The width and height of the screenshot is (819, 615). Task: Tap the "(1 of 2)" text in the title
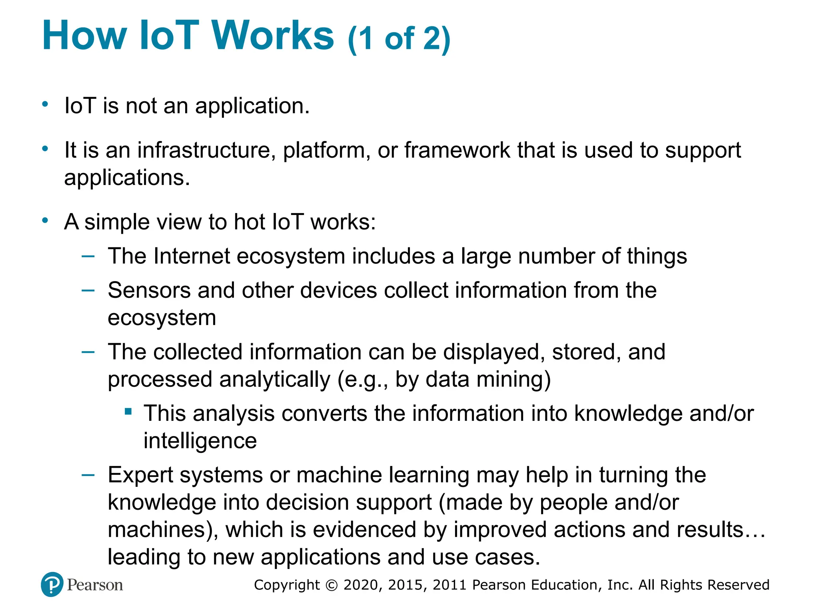(x=399, y=39)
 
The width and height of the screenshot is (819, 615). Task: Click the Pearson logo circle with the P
(x=52, y=584)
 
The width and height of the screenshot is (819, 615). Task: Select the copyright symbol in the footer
(x=332, y=585)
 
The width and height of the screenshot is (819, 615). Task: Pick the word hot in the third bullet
(x=249, y=222)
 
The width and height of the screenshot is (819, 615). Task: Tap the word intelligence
(x=200, y=441)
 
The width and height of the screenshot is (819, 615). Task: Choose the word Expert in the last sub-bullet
(x=140, y=475)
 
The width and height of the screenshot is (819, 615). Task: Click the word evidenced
(x=364, y=529)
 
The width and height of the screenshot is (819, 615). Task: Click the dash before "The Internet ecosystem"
(x=88, y=256)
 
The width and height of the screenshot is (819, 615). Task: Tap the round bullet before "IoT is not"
(x=45, y=105)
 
